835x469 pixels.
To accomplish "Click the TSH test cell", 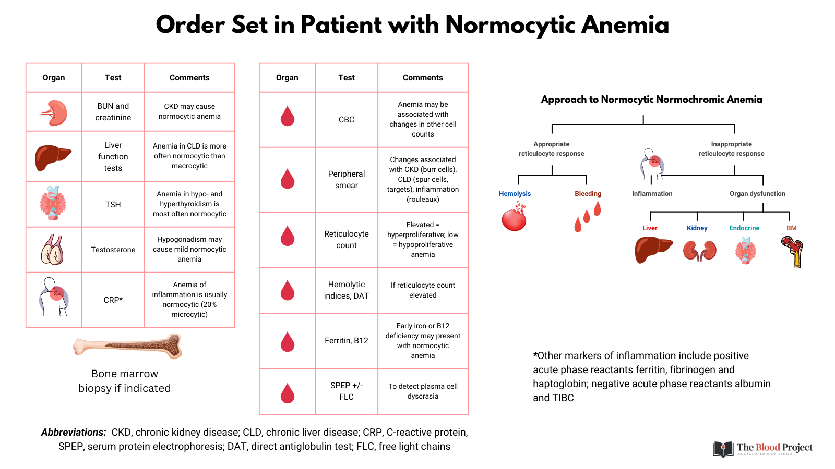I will (x=113, y=204).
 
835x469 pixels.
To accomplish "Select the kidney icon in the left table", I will (x=54, y=113).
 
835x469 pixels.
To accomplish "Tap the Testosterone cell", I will (x=113, y=250).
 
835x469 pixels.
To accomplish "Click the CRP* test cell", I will (x=113, y=300).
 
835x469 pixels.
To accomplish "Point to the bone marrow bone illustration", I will (x=128, y=346).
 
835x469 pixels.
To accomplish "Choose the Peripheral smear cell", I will (x=346, y=179).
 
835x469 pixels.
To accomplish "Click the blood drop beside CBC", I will (x=288, y=117).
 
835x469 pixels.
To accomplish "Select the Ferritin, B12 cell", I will (x=346, y=341).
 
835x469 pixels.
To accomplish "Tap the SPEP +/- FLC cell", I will (x=346, y=391).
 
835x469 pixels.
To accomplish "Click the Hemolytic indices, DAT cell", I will (x=346, y=290).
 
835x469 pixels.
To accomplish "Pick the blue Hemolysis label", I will (x=515, y=194).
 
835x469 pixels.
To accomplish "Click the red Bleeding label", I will (x=588, y=194).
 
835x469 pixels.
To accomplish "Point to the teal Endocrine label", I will (x=744, y=228).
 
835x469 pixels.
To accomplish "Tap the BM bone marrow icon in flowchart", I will (x=793, y=251).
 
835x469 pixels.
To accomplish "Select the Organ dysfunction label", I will (x=757, y=194).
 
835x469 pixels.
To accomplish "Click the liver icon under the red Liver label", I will (x=652, y=249).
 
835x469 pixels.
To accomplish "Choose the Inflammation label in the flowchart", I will (x=652, y=194).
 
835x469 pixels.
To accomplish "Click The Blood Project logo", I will (x=762, y=448).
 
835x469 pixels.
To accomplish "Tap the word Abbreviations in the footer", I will (x=74, y=433).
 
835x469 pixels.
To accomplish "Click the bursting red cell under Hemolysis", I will (x=515, y=218).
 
